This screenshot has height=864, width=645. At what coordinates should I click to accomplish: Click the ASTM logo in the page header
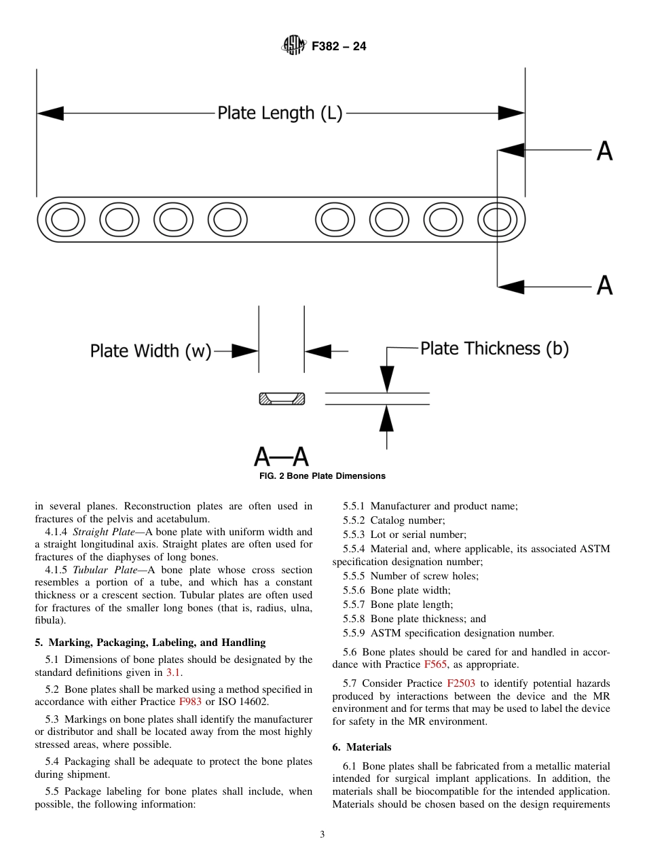click(294, 46)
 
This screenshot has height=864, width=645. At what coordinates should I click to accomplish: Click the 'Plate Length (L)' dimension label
click(280, 113)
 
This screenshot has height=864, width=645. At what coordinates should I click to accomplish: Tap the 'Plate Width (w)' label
click(151, 351)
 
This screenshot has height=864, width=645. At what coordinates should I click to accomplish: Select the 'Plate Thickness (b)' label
click(494, 348)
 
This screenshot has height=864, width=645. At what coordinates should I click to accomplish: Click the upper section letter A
click(604, 151)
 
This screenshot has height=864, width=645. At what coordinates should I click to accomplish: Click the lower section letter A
click(604, 286)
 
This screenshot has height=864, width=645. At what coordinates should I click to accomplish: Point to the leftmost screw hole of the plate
click(65, 220)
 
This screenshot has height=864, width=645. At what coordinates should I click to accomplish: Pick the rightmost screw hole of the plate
click(498, 220)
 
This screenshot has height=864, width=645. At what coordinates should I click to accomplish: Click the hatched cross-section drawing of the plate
click(282, 399)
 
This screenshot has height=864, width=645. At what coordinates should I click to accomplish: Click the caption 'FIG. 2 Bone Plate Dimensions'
click(322, 476)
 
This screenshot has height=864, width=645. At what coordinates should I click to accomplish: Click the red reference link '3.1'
click(174, 673)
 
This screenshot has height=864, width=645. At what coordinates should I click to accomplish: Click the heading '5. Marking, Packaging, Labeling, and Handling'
click(150, 643)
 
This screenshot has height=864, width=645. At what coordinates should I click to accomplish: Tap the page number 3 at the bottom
click(322, 835)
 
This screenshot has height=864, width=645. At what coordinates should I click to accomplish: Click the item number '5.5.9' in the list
click(354, 633)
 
